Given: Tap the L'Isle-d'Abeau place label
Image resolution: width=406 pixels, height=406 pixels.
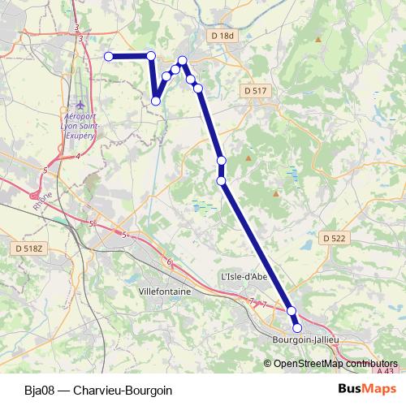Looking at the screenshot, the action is click(244, 276).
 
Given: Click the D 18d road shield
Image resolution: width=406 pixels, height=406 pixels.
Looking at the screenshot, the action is click(221, 36).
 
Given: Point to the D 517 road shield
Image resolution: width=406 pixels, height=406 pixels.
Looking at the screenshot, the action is click(255, 91).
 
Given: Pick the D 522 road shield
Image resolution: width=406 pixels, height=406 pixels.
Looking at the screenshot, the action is click(334, 238).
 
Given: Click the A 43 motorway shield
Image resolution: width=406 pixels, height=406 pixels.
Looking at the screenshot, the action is click(388, 371).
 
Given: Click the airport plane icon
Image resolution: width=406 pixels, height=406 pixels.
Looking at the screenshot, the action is click(80, 106).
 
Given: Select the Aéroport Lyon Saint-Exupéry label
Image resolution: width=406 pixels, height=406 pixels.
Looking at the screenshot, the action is click(80, 126).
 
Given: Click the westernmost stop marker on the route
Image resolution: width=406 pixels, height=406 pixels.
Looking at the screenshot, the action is click(108, 56).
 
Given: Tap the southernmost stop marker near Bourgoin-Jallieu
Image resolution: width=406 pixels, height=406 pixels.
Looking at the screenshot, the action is click(297, 327).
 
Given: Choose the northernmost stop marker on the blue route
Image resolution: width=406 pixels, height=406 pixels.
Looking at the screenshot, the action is click(183, 60).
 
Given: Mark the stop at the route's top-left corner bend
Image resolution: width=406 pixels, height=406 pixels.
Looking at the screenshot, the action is click(150, 55).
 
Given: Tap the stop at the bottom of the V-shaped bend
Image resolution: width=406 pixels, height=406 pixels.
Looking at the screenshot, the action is click(156, 101).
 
